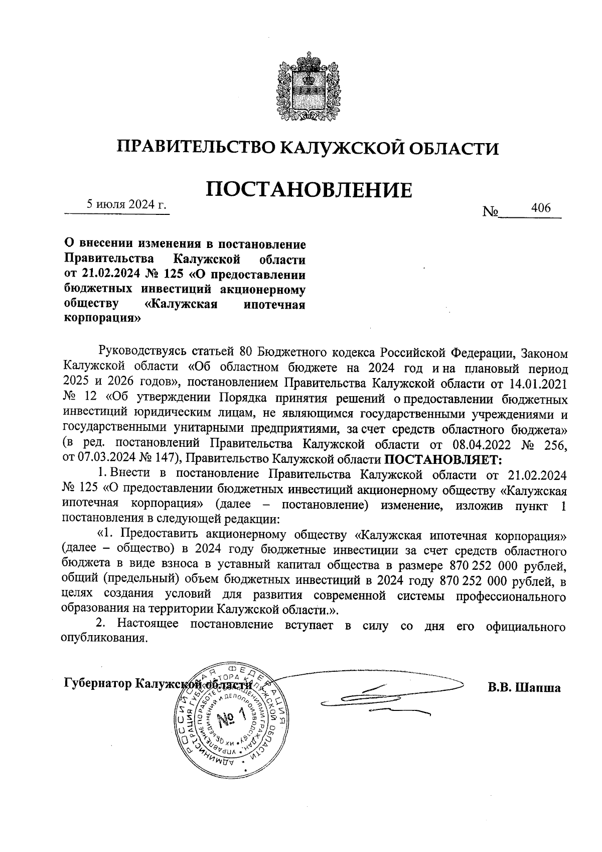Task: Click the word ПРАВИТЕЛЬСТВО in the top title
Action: pyautogui.click(x=195, y=148)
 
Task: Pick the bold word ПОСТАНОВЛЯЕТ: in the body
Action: pyautogui.click(x=442, y=459)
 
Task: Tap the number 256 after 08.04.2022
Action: pyautogui.click(x=557, y=444)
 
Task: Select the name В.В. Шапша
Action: pyautogui.click(x=524, y=687)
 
